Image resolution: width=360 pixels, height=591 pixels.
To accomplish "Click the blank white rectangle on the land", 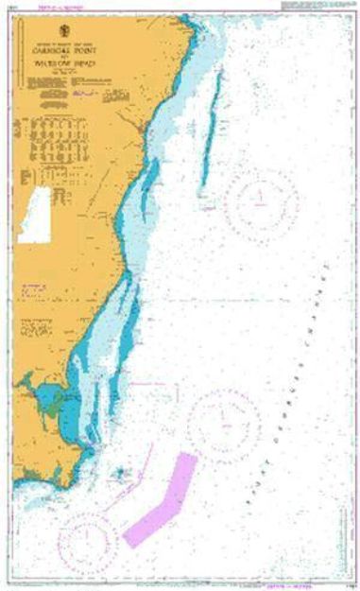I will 34,215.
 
